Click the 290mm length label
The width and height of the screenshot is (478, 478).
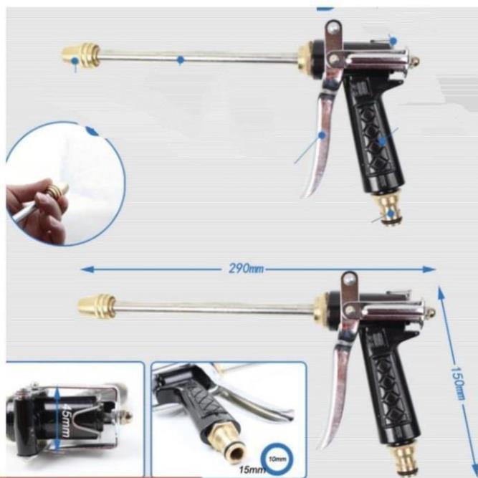(246, 269)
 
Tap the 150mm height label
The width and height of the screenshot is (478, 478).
(458, 383)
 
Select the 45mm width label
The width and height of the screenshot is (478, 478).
(65, 421)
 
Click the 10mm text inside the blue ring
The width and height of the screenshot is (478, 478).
(277, 459)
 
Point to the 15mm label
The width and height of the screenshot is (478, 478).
(249, 469)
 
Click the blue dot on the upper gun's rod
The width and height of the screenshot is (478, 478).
(181, 60)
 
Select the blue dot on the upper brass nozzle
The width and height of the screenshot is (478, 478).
(75, 61)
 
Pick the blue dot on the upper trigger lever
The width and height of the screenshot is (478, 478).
(322, 135)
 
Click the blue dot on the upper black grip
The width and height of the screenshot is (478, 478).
(382, 141)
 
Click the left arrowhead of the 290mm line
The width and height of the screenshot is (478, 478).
(87, 269)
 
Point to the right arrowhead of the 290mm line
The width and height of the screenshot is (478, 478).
(429, 269)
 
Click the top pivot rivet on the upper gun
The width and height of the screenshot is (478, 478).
(333, 29)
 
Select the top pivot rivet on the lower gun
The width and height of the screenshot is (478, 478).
(349, 279)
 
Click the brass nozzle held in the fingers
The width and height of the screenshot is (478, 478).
(57, 189)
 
